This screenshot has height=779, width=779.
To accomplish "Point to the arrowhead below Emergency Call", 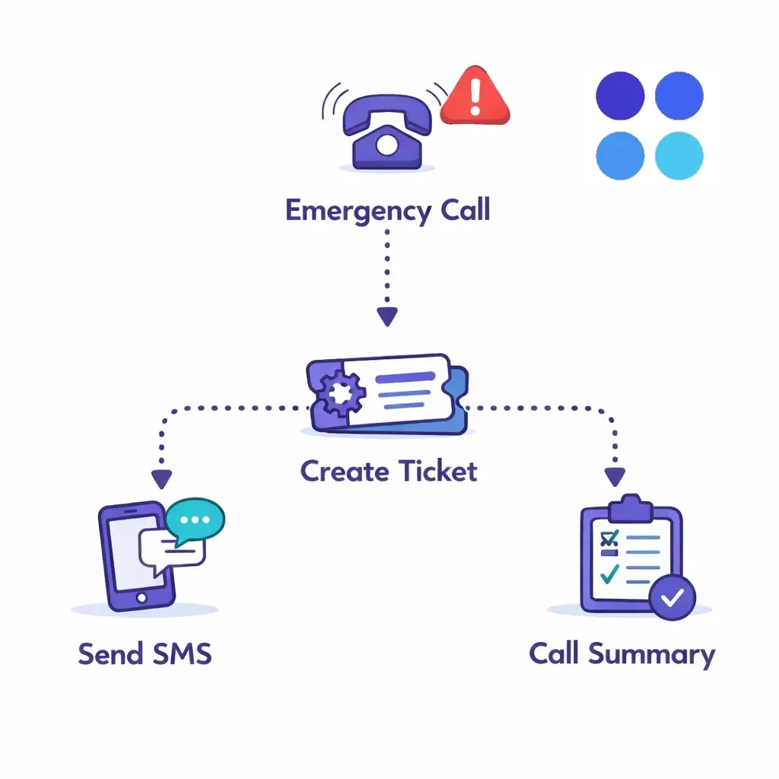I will (x=388, y=316).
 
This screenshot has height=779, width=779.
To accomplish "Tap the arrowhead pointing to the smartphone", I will (x=161, y=479).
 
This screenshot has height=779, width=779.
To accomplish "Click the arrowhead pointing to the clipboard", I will (x=615, y=476).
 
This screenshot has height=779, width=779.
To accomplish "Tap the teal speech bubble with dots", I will (x=196, y=520).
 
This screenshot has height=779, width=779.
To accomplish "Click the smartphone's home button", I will (x=141, y=598).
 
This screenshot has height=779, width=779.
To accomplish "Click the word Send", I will (x=109, y=653).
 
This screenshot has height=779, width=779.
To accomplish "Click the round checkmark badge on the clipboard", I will (x=672, y=598).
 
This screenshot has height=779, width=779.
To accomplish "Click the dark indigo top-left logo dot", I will (x=620, y=97).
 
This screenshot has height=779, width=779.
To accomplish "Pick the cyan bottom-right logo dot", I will (x=679, y=155).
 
